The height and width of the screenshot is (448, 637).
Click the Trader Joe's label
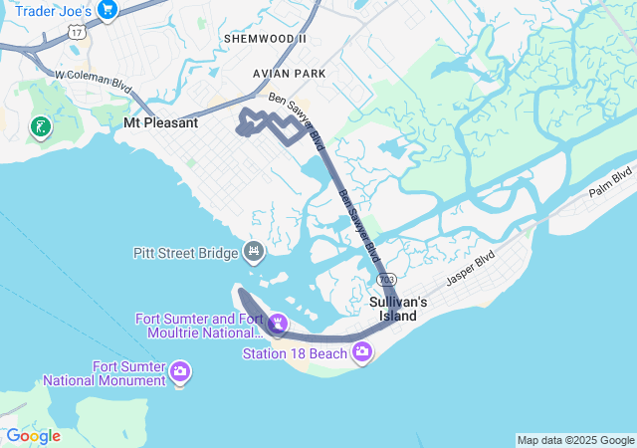(x=54, y=11)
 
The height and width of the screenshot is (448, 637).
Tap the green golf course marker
(x=40, y=126)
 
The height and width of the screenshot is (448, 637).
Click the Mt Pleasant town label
(x=160, y=123)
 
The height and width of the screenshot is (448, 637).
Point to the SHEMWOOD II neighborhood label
(x=266, y=38)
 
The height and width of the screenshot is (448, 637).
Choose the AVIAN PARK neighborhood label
(x=290, y=74)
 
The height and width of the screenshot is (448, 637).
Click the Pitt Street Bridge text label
(x=185, y=253)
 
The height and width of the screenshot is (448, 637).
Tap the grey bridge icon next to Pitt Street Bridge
(x=254, y=251)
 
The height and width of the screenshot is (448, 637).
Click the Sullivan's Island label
(x=398, y=309)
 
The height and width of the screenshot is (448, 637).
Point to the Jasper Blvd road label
(x=471, y=268)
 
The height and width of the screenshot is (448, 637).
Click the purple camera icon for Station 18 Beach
(x=361, y=350)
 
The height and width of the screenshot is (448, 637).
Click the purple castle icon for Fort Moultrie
(x=277, y=324)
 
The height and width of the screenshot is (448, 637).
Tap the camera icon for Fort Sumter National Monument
(x=180, y=372)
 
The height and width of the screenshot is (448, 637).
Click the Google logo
(x=33, y=436)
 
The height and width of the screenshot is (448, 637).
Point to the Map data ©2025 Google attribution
(x=575, y=440)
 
